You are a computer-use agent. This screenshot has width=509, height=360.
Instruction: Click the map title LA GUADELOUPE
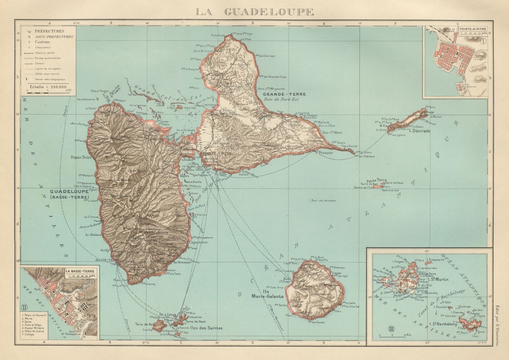pos(254,12)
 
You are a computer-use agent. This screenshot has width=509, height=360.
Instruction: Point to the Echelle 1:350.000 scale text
pos(48,86)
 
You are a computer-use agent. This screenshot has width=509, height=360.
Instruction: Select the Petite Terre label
pos(376,180)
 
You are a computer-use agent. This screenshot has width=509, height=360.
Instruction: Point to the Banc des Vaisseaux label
pos(324,200)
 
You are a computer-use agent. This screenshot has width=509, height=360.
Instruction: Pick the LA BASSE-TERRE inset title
pos(81,271)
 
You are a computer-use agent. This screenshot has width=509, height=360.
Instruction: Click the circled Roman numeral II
pos(25,306)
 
